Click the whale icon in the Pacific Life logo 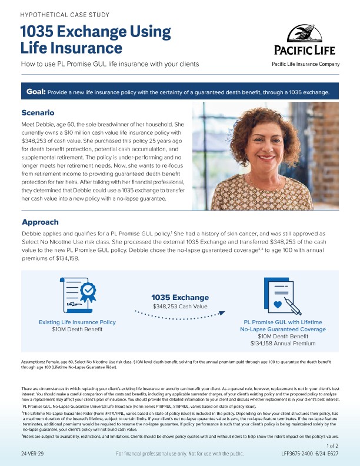[304, 34]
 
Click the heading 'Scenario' [38, 112]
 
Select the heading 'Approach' [40, 222]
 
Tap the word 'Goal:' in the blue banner [36, 92]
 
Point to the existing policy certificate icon [78, 297]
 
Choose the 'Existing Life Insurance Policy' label [77, 322]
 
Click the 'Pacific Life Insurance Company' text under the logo [305, 64]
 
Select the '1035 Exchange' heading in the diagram [180, 297]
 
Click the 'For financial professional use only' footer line [179, 454]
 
